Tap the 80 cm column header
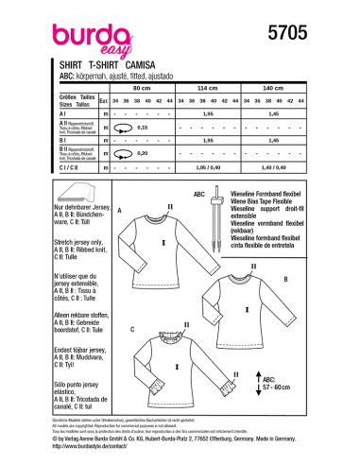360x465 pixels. (x=144, y=87)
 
